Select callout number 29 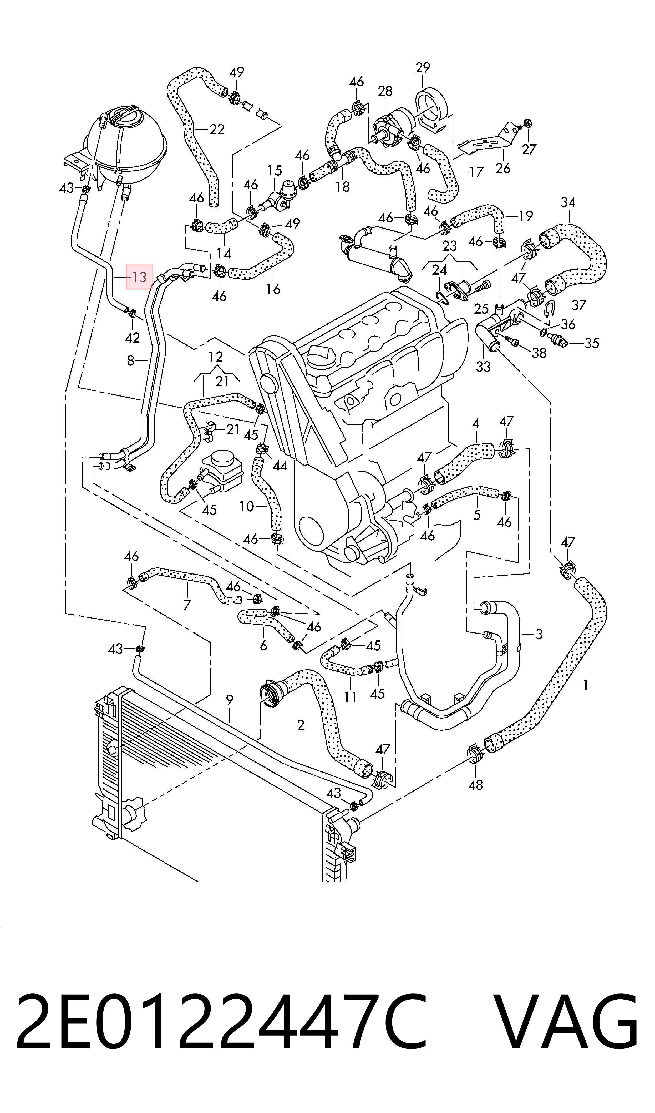pyautogui.click(x=423, y=68)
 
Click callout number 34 pyautogui.click(x=568, y=202)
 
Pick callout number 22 pyautogui.click(x=217, y=130)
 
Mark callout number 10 pyautogui.click(x=247, y=506)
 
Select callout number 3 pyautogui.click(x=539, y=635)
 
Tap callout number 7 pyautogui.click(x=187, y=605)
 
